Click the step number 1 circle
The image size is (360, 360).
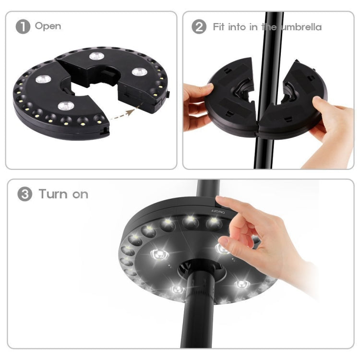pyautogui.click(x=23, y=26)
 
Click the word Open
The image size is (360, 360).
pyautogui.click(x=48, y=26)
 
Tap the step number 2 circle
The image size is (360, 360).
pyautogui.click(x=199, y=26)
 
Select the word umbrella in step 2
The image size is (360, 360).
pyautogui.click(x=300, y=27)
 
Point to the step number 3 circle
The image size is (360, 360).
pyautogui.click(x=25, y=194)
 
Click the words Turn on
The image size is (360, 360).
pyautogui.click(x=63, y=194)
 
